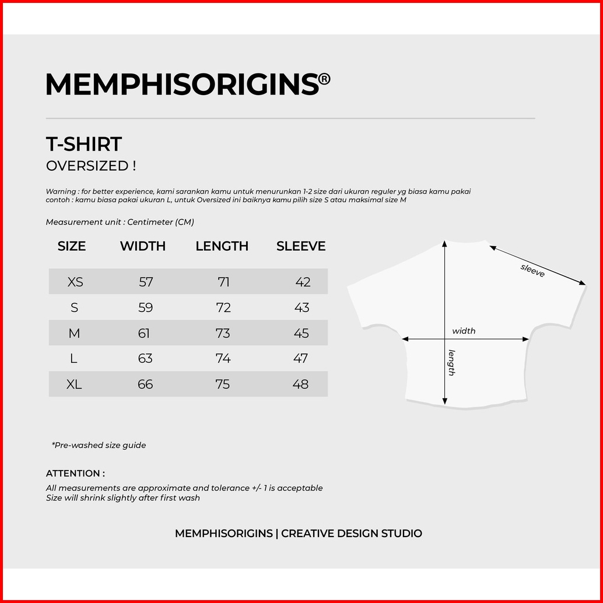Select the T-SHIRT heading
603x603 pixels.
(x=84, y=144)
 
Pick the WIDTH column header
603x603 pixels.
(x=143, y=246)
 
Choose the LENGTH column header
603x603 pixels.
(x=222, y=246)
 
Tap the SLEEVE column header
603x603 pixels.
(x=301, y=246)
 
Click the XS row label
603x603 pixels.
(x=75, y=282)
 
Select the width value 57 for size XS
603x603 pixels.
(x=146, y=282)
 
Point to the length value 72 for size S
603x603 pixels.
(x=223, y=308)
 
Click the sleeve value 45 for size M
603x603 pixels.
(x=301, y=334)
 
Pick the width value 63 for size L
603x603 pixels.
(x=145, y=359)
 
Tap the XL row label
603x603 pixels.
(x=75, y=384)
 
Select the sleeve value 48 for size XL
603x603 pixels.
(x=301, y=384)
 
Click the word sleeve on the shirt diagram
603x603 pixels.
(x=532, y=270)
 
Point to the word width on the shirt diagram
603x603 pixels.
(x=464, y=331)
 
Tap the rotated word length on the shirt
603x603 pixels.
(x=451, y=362)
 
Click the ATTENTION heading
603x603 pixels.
(x=75, y=474)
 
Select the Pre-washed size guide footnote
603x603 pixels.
(x=99, y=445)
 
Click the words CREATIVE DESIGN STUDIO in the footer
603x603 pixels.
(x=352, y=534)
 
